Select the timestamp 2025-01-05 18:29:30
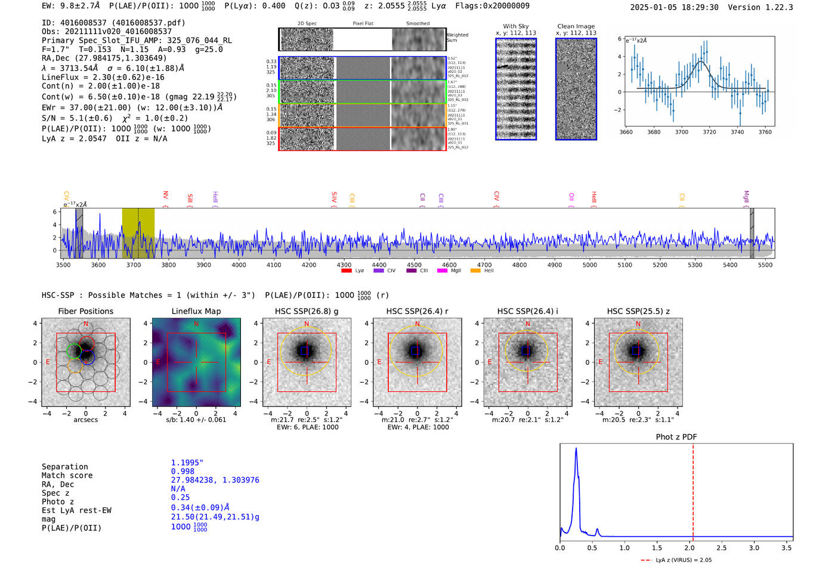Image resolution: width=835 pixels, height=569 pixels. [x=674, y=8]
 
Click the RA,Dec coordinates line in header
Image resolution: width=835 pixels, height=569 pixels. [x=104, y=58]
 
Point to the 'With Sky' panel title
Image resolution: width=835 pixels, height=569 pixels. [x=515, y=26]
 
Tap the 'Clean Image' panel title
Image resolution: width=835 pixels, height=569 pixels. [x=576, y=26]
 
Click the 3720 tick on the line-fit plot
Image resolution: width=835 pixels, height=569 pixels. [x=709, y=132]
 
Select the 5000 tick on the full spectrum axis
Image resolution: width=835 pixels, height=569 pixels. [x=589, y=265]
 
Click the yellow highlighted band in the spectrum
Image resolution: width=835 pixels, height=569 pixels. [x=138, y=233]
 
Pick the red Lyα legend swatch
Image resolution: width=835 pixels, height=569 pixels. [x=346, y=271]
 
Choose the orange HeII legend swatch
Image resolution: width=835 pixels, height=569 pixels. [x=475, y=271]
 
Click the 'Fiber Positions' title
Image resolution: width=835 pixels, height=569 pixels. [x=85, y=311]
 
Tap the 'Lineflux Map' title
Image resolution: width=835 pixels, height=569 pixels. [x=196, y=311]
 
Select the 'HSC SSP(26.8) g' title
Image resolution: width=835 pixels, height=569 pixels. [x=307, y=311]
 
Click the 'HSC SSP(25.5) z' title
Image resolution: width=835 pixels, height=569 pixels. [x=638, y=311]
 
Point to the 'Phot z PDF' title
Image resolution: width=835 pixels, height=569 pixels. [x=676, y=437]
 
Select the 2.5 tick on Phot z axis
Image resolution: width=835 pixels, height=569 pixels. [x=722, y=548]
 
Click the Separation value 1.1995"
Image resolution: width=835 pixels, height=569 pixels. [x=187, y=463]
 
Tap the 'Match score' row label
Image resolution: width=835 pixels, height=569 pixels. [x=67, y=476]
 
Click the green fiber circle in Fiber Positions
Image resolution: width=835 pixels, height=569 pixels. [x=74, y=351]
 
